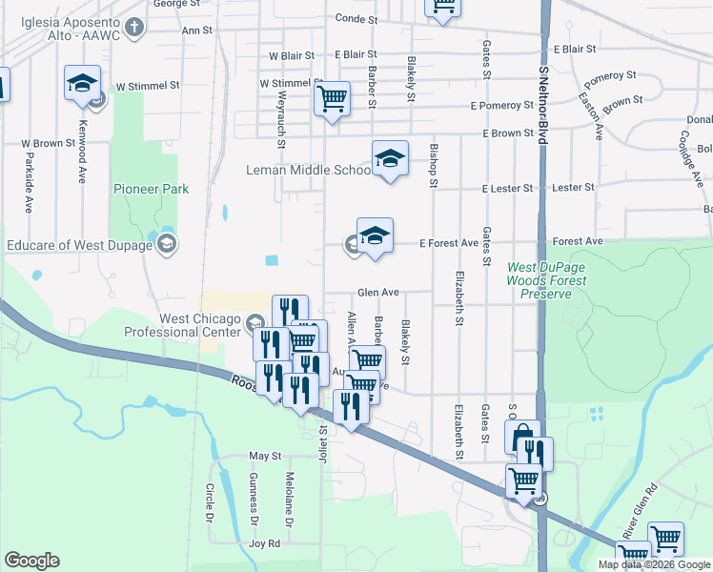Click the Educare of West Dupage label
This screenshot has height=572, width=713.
point(80,246)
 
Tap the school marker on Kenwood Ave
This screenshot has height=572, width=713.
point(83,83)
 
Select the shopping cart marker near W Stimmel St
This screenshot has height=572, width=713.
point(332,98)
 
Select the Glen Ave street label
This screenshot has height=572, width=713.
point(377,293)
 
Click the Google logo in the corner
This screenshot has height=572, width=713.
point(31,560)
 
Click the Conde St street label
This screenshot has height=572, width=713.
point(356,19)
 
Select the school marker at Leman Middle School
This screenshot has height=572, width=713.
point(389,159)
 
